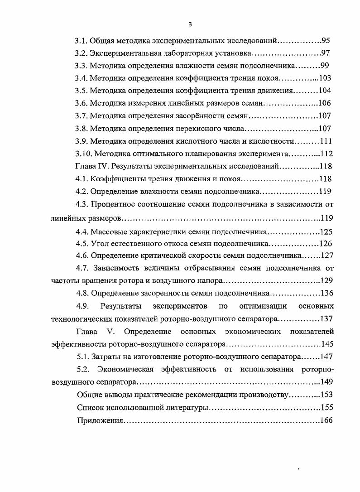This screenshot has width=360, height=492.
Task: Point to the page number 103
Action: tap(325, 78)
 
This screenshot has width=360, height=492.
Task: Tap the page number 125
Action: tap(326, 232)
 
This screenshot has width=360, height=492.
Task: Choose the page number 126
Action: tap(326, 244)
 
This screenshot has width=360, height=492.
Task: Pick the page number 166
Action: tap(326, 420)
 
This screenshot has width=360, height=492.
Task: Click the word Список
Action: tap(90, 407)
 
